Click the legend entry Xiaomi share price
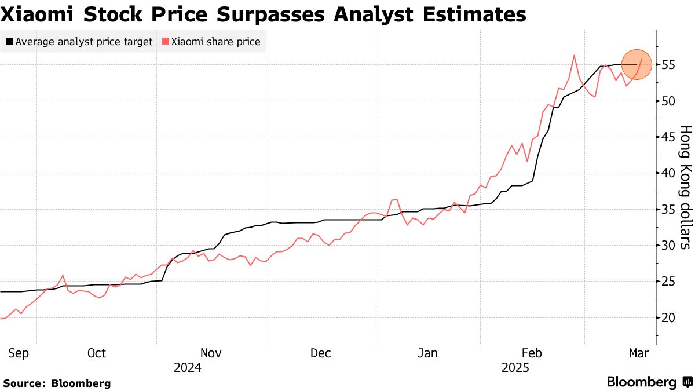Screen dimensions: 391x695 (211, 42)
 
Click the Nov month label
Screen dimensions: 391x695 (211, 353)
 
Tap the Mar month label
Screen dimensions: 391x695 (639, 353)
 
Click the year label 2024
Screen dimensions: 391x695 (187, 368)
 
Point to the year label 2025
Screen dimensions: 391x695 (515, 368)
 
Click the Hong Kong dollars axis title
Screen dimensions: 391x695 (685, 187)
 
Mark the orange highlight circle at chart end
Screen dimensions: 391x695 (637, 64)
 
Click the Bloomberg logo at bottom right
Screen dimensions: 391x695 (649, 382)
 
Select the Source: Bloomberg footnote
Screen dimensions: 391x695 (57, 383)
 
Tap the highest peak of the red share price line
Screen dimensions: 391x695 (573, 56)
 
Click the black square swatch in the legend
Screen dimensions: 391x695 (10, 42)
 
